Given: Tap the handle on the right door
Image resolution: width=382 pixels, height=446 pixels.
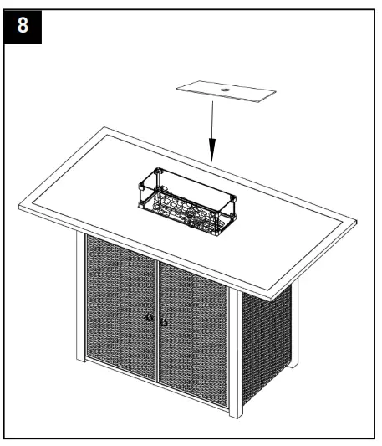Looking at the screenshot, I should click(x=165, y=320).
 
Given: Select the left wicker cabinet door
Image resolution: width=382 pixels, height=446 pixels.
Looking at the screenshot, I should click(x=121, y=314).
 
